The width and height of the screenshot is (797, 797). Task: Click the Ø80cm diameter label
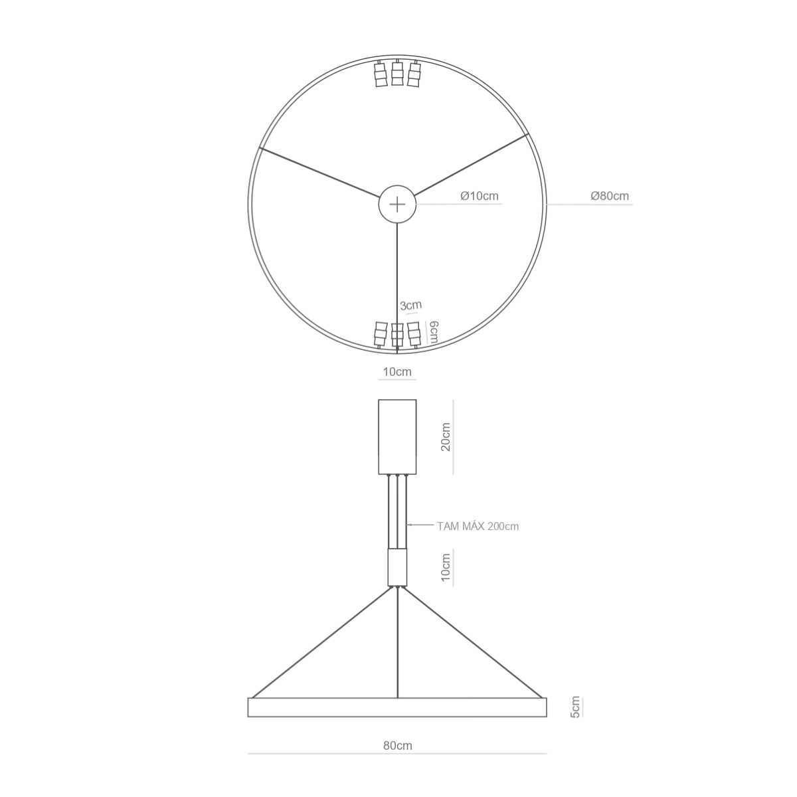coord(609,196)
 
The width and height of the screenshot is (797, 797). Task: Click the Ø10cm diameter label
coord(480,196)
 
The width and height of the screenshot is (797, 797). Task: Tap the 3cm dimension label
coord(410,306)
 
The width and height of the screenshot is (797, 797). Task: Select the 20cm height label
coord(446,437)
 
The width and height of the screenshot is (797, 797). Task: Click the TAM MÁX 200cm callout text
coord(478,526)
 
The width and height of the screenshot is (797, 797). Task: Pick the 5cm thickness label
coord(575,707)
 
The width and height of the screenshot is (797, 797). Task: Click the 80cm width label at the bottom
coord(397,745)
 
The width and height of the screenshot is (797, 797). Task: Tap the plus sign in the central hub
coord(397,205)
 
